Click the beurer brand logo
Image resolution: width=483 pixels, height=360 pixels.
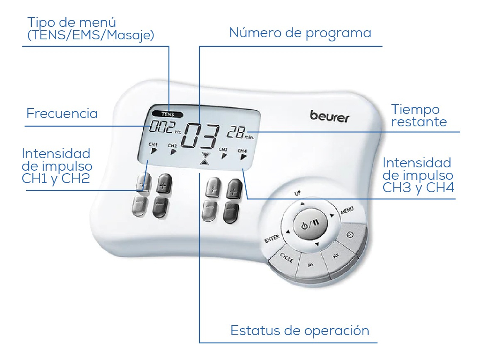(329, 116)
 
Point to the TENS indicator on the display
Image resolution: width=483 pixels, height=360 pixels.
(168, 114)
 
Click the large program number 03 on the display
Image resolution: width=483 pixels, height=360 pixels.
(200, 135)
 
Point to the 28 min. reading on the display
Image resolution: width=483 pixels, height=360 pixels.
(240, 133)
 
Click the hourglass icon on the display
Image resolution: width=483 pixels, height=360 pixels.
(205, 158)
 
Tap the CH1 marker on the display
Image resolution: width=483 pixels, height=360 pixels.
(153, 147)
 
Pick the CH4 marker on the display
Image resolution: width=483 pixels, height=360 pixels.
(243, 154)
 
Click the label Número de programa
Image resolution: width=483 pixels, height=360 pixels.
(300, 33)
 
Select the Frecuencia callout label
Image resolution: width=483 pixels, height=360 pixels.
(62, 114)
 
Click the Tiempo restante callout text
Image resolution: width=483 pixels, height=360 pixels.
(419, 115)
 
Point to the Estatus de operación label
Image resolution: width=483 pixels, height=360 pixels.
(300, 331)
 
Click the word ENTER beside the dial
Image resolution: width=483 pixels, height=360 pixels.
(272, 238)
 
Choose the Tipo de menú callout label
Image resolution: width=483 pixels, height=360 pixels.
(91, 28)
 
